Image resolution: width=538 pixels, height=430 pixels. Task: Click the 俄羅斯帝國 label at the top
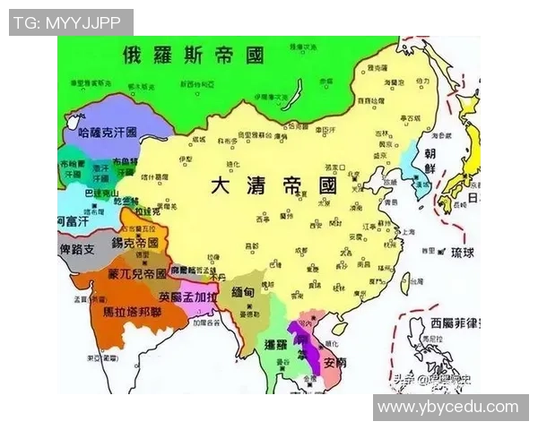[x=195, y=56]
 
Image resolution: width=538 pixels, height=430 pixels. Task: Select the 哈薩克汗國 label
[x=108, y=132]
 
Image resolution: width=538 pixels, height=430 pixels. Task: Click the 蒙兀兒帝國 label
[x=136, y=272]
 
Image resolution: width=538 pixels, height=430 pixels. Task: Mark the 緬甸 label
[x=244, y=291]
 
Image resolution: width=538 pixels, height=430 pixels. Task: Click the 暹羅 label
[x=275, y=344]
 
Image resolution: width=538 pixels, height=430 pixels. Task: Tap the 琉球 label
[x=463, y=252]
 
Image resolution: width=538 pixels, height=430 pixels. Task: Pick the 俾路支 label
[x=76, y=250]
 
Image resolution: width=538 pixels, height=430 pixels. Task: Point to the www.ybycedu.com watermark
[x=448, y=407]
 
